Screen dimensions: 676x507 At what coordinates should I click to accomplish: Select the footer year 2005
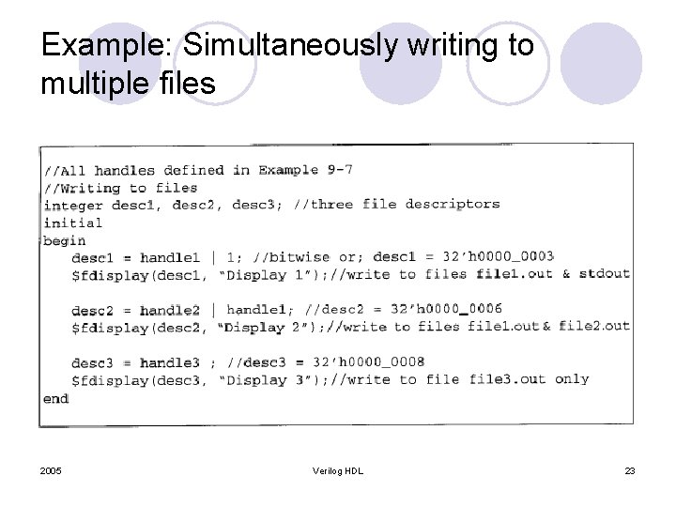52,469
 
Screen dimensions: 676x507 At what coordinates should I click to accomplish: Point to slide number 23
629,469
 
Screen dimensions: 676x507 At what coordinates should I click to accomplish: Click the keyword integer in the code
73,205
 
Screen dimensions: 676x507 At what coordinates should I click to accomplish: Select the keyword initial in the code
73,223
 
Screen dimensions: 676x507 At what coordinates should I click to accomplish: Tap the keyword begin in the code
65,240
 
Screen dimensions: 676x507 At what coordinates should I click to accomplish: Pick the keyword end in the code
56,398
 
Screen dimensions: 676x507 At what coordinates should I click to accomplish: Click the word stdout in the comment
604,274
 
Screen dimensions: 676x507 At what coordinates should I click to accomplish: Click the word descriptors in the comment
452,204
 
